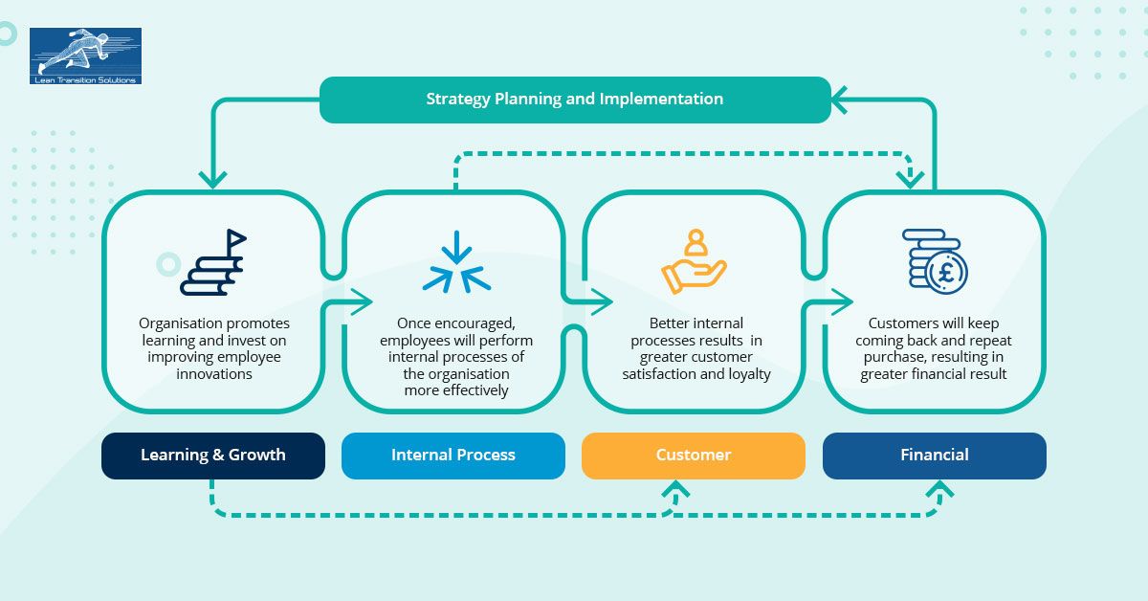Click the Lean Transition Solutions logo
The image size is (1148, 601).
(85, 56)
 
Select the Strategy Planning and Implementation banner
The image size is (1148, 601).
(574, 100)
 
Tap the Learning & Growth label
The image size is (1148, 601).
(212, 456)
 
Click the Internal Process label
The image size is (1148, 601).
(453, 456)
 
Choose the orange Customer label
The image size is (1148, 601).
(693, 456)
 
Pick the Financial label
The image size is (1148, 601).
(934, 456)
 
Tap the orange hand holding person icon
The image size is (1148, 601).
(694, 261)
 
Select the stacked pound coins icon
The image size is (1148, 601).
(935, 260)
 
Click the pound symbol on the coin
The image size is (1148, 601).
(946, 272)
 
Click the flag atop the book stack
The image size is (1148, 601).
(235, 238)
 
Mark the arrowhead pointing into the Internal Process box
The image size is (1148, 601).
(364, 303)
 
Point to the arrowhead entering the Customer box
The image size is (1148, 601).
(604, 303)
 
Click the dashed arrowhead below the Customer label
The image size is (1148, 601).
(676, 492)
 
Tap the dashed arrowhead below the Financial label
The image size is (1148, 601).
(940, 492)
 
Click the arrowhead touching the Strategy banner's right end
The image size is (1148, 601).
(841, 99)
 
